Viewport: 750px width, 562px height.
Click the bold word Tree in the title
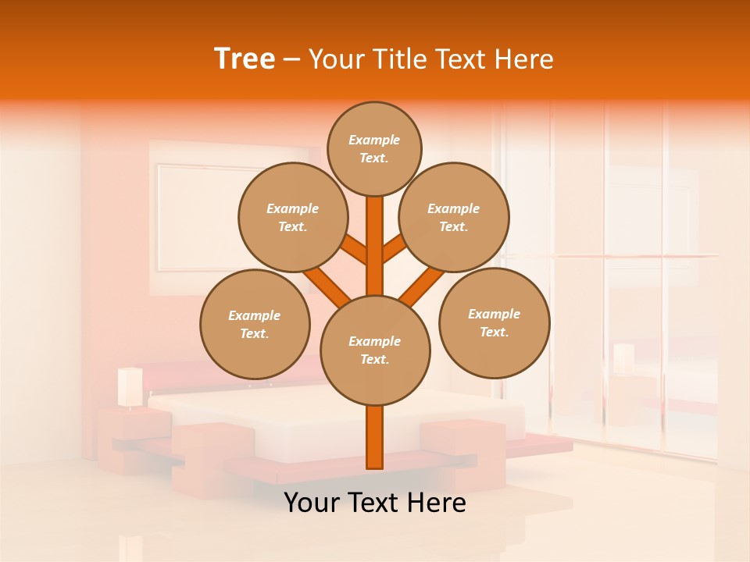(x=245, y=59)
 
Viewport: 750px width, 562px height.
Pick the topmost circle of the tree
(x=374, y=148)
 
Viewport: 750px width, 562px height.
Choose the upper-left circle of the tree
(x=293, y=217)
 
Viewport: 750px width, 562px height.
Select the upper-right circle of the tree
(x=454, y=217)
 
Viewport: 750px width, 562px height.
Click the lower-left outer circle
(x=255, y=324)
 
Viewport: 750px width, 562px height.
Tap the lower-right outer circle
(x=495, y=322)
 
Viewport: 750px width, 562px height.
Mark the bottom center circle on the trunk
(x=375, y=350)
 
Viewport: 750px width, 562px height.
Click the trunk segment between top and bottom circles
(x=375, y=246)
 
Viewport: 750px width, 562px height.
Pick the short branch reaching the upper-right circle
(x=394, y=248)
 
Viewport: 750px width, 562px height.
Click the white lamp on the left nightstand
(x=130, y=386)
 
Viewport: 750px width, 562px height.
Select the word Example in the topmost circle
(x=374, y=140)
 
